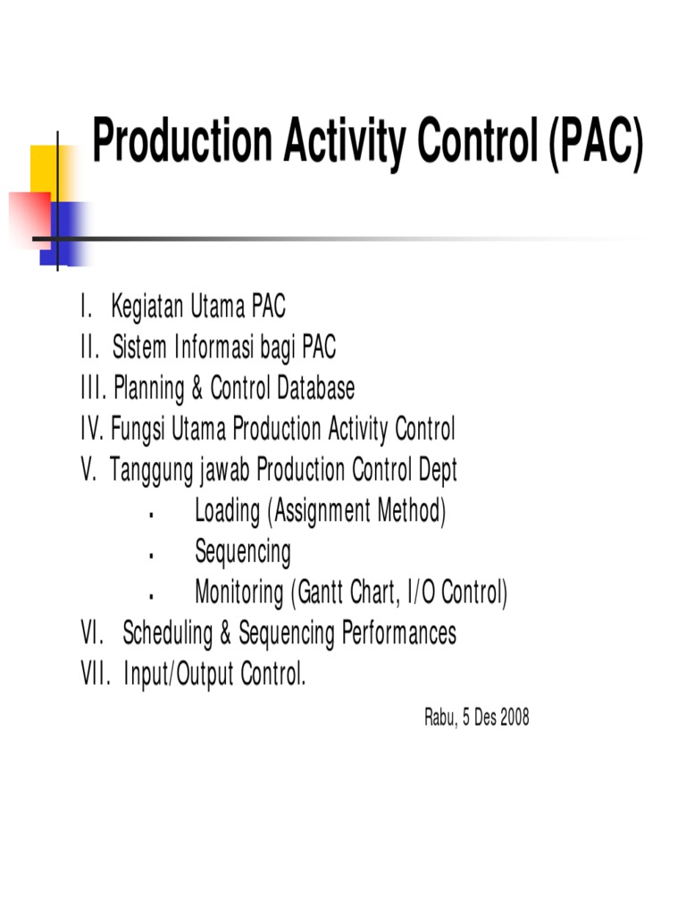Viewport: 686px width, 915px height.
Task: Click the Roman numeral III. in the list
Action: coord(93,389)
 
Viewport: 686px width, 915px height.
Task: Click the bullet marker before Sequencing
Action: coord(152,556)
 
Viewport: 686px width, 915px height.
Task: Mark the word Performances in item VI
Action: coord(398,634)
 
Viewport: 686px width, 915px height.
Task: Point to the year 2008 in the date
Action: coord(514,718)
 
